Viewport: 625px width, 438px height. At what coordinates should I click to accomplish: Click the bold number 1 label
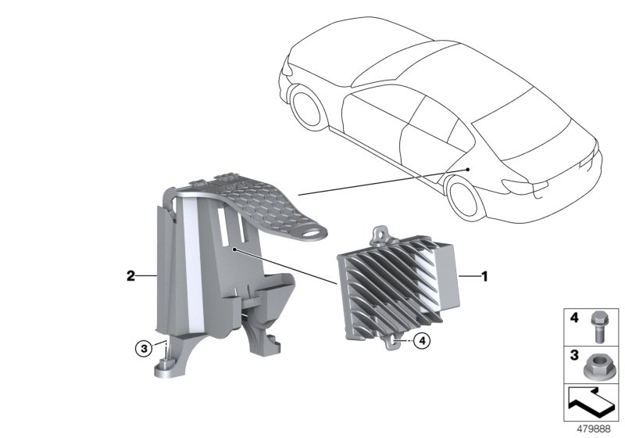click(484, 276)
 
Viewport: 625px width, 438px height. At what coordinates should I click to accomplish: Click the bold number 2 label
click(130, 275)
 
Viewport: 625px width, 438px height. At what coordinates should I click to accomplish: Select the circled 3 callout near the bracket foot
click(144, 349)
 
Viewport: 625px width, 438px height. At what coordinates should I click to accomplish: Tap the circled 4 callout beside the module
click(422, 341)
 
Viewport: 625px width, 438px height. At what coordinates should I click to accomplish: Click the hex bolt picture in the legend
click(597, 326)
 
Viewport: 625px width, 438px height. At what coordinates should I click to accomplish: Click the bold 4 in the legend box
click(574, 318)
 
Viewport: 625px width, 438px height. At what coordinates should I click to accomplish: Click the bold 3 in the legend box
click(574, 354)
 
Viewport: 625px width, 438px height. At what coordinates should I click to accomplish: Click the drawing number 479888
click(594, 429)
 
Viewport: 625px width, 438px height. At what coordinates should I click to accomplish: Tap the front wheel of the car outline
click(306, 107)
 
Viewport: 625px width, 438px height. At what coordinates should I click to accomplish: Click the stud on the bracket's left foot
click(166, 362)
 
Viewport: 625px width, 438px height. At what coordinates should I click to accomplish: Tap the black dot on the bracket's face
click(235, 250)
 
